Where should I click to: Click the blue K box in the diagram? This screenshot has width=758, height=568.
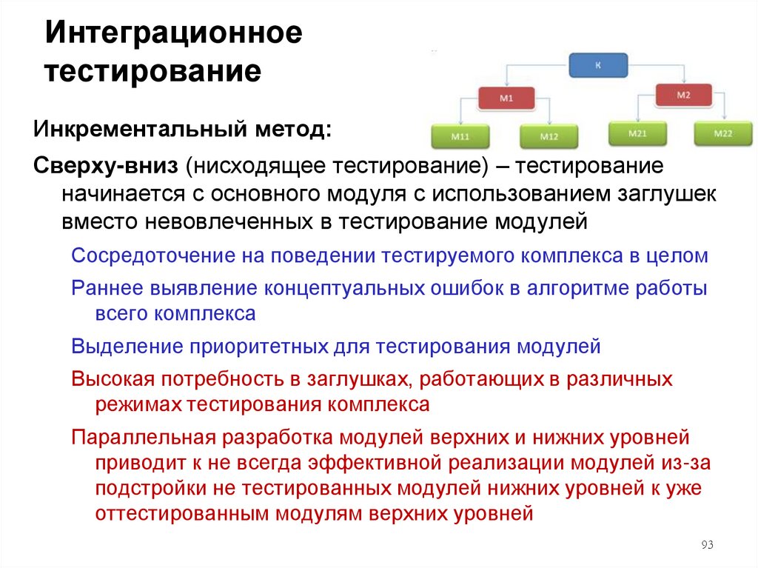598,65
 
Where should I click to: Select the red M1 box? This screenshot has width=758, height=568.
506,98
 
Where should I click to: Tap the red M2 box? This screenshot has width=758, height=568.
683,95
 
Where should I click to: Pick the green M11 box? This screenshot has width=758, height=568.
460,136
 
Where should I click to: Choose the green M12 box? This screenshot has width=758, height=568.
549,136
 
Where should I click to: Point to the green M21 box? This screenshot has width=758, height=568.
637,133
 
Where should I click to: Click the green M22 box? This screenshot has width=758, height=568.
722,133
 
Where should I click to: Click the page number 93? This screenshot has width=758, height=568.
706,546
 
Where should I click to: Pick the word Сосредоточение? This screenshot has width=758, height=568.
152,255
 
